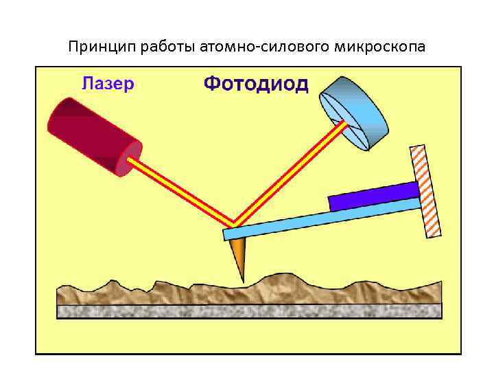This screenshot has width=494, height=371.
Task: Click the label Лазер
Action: click(108, 84)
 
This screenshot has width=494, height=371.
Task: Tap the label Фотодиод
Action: click(256, 85)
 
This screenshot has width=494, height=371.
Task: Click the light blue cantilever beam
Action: click(322, 218)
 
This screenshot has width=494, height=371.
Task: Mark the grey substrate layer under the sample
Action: click(247, 311)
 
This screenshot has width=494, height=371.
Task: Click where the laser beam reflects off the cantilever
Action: click(233, 225)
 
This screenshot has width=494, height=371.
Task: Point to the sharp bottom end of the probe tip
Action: click(243, 280)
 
